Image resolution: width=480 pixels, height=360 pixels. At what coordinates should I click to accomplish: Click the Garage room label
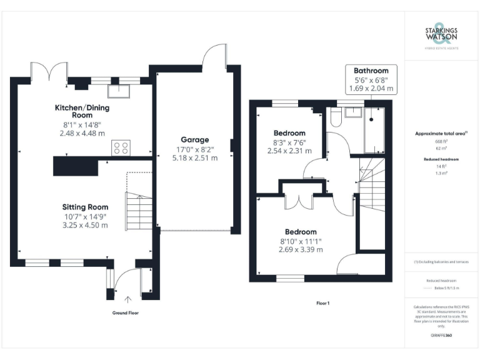point(195,139)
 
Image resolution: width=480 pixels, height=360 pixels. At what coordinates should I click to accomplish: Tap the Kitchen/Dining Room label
point(82,111)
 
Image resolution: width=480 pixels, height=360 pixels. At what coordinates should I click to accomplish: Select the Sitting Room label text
point(85,207)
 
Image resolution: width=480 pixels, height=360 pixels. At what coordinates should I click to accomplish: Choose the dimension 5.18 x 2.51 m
point(195,158)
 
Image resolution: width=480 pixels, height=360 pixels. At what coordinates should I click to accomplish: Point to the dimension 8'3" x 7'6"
point(289,142)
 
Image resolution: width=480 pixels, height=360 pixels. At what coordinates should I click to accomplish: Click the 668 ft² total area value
point(441,142)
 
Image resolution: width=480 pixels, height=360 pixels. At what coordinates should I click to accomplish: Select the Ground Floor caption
point(125,312)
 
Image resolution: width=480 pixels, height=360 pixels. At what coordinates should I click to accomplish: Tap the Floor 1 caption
point(322,302)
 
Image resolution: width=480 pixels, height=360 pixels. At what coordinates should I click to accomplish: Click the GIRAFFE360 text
point(441,336)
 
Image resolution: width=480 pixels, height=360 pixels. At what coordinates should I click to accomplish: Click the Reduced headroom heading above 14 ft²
point(441,159)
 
